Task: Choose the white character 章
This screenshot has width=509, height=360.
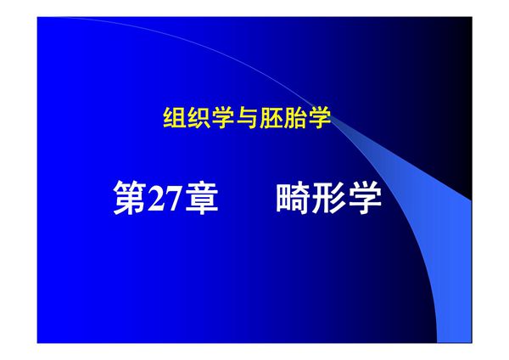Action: click(x=202, y=200)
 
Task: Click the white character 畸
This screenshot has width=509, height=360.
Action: click(x=293, y=200)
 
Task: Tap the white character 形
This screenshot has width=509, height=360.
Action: click(x=328, y=200)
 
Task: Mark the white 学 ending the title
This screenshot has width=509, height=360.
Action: click(x=365, y=200)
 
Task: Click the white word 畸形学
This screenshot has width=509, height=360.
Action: click(x=328, y=200)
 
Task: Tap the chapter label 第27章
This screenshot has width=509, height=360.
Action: click(x=165, y=200)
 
